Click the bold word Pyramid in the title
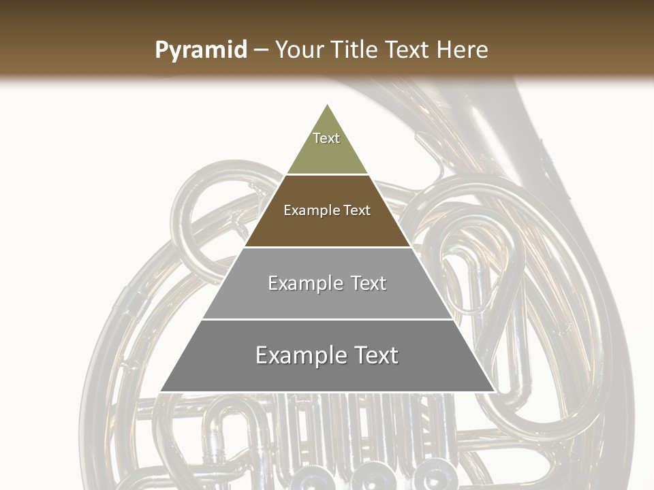[200, 50]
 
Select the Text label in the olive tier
[326, 138]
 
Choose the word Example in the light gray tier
[305, 283]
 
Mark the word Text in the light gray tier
[369, 283]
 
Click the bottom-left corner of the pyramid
[161, 391]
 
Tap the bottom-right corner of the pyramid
[494, 391]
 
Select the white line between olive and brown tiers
[327, 175]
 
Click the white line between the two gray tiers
[327, 319]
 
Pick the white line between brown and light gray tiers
[327, 247]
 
